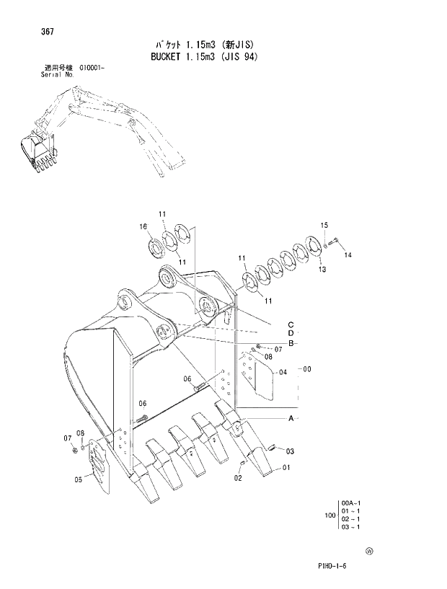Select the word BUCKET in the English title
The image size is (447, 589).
point(164,56)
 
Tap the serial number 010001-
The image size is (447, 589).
point(90,68)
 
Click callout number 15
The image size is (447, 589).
point(324,226)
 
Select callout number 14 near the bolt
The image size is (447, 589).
point(348,254)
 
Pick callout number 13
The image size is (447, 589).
point(322,269)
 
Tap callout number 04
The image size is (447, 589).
point(283,372)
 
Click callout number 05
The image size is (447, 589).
point(78,479)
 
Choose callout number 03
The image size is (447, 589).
point(290,451)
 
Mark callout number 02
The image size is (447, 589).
point(238,477)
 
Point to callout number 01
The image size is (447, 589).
point(286,468)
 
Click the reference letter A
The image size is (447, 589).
point(291,419)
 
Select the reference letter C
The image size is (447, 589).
point(291,323)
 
